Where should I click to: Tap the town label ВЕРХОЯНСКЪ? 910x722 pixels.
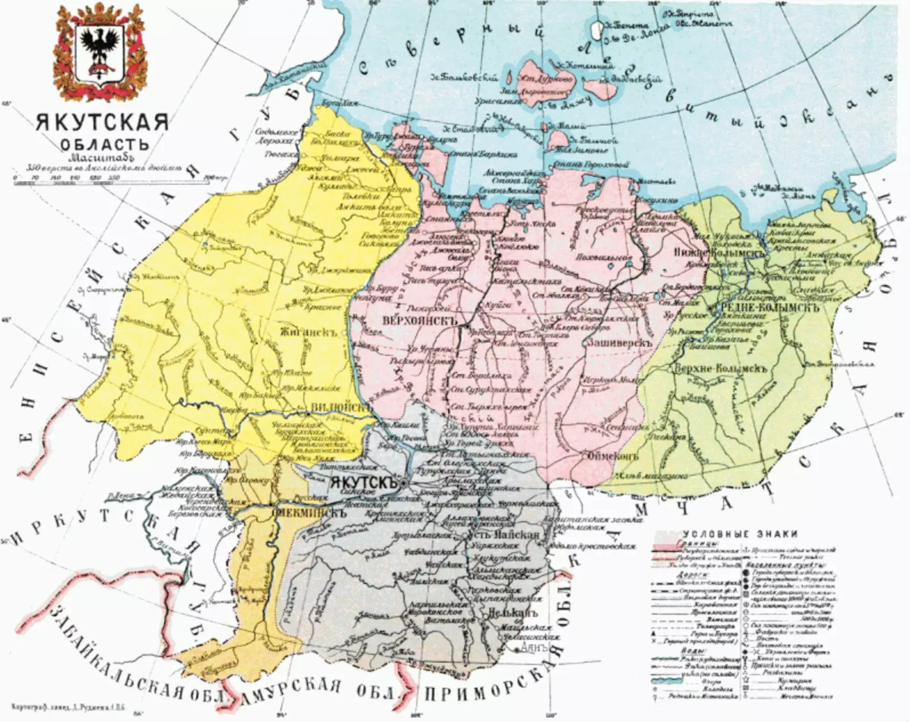[421, 320]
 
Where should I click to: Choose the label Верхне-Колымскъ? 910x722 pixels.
[721, 368]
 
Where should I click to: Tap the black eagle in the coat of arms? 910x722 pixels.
[100, 47]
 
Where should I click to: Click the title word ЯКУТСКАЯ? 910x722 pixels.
[102, 122]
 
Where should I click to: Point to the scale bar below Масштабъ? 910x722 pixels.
[108, 179]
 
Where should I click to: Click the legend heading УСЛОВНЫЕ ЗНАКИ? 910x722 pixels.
[739, 534]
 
